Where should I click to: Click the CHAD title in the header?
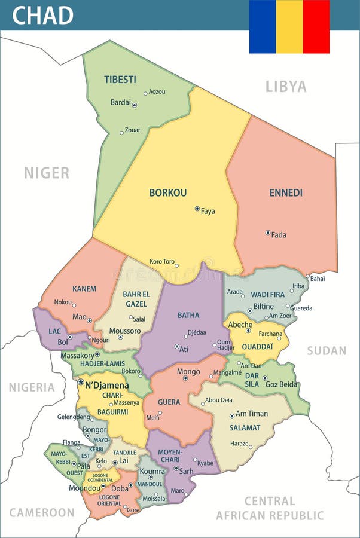pyautogui.click(x=42, y=15)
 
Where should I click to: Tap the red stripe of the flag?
pyautogui.click(x=316, y=26)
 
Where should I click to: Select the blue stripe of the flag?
pyautogui.click(x=263, y=26)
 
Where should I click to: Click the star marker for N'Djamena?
pyautogui.click(x=81, y=381)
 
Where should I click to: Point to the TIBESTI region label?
pyautogui.click(x=120, y=80)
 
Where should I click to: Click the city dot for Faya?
pyautogui.click(x=197, y=209)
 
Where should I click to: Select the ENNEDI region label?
pyautogui.click(x=286, y=192)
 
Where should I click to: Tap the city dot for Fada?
pyautogui.click(x=268, y=233)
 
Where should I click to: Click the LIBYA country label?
pyautogui.click(x=286, y=87)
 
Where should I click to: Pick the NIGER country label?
pyautogui.click(x=47, y=173)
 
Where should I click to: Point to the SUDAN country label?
pyautogui.click(x=327, y=351)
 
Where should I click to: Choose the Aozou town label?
pyautogui.click(x=157, y=91)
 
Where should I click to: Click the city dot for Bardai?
pyautogui.click(x=135, y=105)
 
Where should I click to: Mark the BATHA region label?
pyautogui.click(x=188, y=315)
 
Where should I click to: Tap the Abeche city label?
pyautogui.click(x=240, y=325)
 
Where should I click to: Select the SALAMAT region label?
pyautogui.click(x=245, y=427)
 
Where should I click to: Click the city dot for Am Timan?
pyautogui.click(x=232, y=416)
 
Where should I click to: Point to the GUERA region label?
pyautogui.click(x=169, y=402)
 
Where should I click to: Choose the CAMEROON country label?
pyautogui.click(x=42, y=512)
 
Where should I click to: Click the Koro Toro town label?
pyautogui.click(x=162, y=261)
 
